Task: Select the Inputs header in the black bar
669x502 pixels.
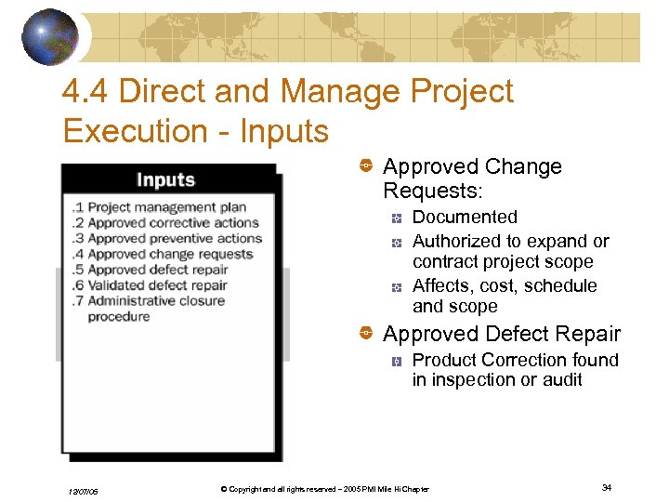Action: tap(166, 179)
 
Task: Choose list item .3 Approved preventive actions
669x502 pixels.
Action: tap(166, 238)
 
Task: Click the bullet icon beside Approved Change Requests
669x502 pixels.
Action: tap(366, 166)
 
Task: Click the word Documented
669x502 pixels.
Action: tap(465, 218)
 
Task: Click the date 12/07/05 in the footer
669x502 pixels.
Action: tap(83, 491)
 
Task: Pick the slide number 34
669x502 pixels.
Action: tap(606, 488)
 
